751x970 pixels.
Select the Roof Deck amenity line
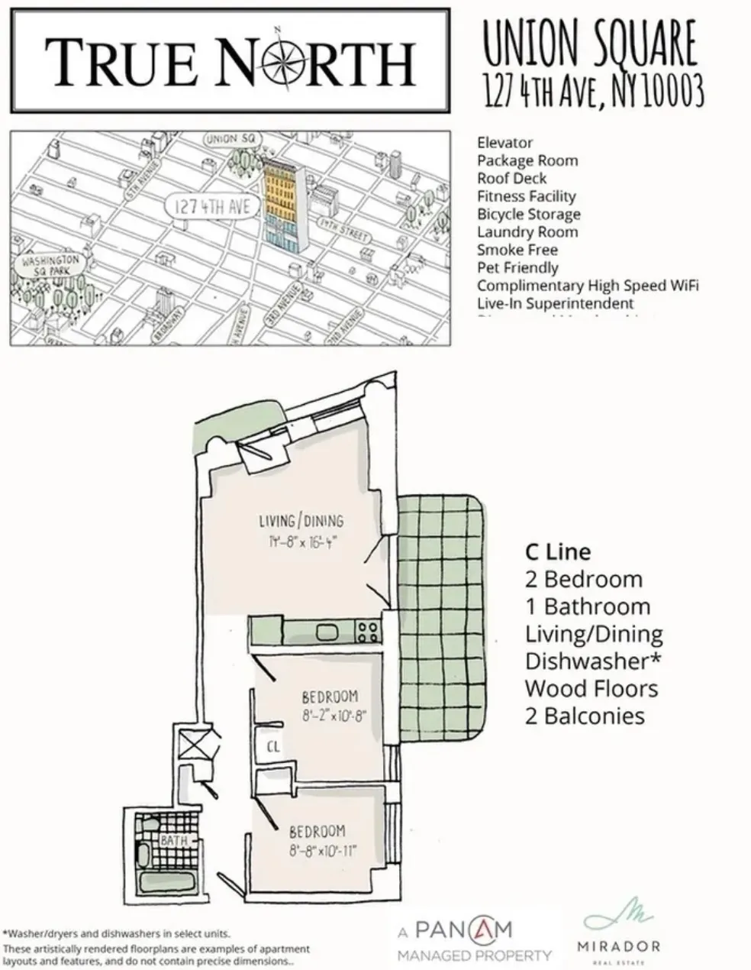click(511, 178)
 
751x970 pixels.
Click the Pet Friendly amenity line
click(517, 268)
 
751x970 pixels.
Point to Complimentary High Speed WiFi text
click(588, 286)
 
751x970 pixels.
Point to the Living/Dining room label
click(301, 521)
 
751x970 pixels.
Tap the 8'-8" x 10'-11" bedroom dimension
click(323, 851)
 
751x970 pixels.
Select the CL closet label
click(272, 746)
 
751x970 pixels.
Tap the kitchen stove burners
click(367, 631)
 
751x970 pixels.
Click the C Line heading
click(557, 552)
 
